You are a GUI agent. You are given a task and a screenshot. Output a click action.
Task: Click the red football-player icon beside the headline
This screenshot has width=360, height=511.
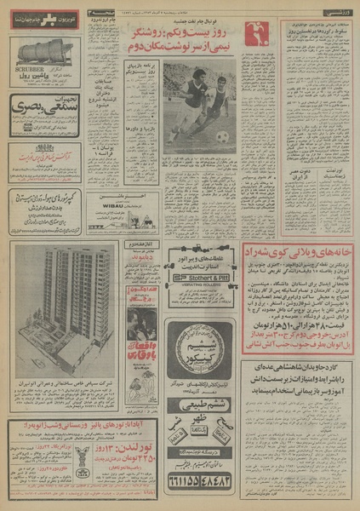[x=254, y=33]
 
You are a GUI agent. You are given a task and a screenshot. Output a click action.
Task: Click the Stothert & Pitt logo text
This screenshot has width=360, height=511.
[x=201, y=278]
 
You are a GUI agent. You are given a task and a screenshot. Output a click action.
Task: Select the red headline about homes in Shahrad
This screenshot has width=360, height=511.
[x=297, y=253]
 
